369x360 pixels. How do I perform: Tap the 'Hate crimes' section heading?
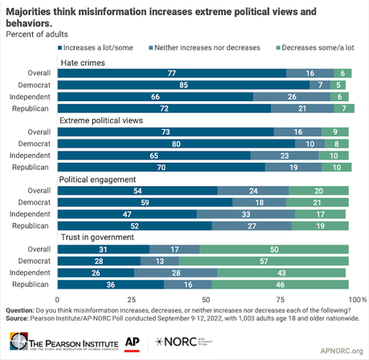pyautogui.click(x=80, y=62)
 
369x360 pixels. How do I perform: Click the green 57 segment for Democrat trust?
pyautogui.click(x=272, y=261)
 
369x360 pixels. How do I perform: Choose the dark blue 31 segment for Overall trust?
pyautogui.click(x=104, y=250)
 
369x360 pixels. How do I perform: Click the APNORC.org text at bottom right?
pyautogui.click(x=341, y=350)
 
